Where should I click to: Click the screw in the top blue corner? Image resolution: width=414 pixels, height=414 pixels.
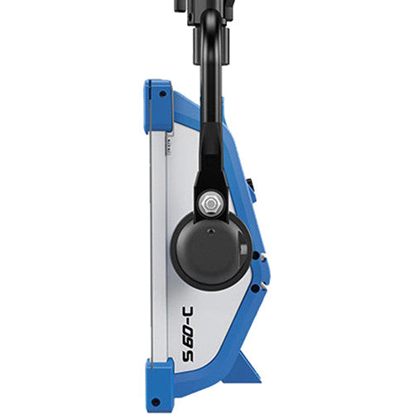(161, 94)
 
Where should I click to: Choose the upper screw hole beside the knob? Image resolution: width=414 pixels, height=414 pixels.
(258, 253)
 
